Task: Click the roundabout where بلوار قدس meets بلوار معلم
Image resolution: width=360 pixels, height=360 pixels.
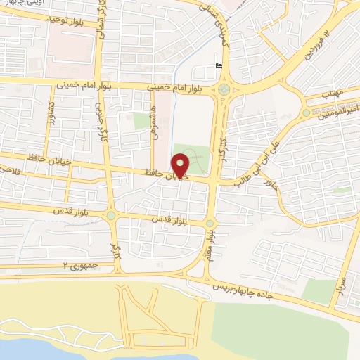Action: coord(210,224)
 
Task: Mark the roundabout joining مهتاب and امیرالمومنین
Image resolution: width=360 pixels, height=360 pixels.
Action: coord(306,112)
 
